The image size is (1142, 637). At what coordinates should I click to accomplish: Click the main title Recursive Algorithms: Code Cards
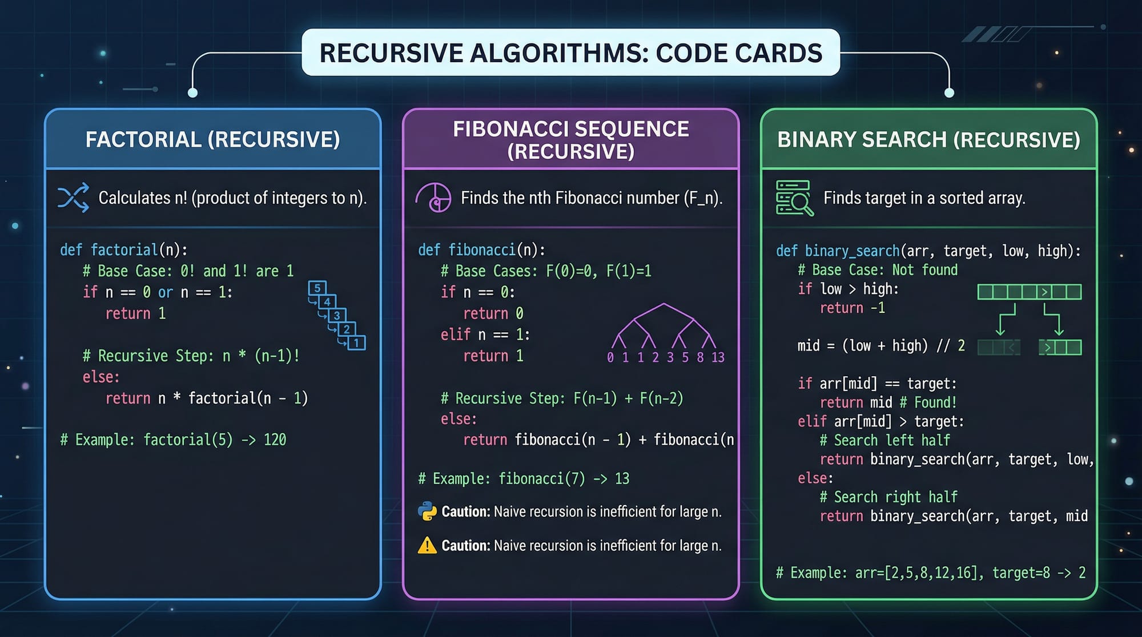coord(570,53)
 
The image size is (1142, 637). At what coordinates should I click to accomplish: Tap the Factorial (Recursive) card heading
coord(212,140)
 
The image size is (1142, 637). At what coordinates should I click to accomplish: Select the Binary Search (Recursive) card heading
coord(928,140)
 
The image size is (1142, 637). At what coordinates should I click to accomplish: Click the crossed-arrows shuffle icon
coord(74,197)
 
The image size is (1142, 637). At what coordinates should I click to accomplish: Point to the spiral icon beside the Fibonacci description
coord(433,197)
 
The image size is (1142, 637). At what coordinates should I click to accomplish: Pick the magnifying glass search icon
coord(794,198)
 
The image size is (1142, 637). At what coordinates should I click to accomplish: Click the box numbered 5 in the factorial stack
coord(317,288)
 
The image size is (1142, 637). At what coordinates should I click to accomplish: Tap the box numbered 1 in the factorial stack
coord(356,343)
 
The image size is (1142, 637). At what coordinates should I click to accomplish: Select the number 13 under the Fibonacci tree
coord(718,357)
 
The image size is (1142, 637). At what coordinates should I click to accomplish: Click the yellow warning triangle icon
coord(427,546)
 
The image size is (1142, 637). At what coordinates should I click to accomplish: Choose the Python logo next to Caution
coord(427,511)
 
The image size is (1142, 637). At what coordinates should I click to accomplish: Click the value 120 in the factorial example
coord(275,440)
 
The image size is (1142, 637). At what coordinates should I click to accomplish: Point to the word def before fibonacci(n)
coord(429,250)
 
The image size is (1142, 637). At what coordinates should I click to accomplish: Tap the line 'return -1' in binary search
coord(853,308)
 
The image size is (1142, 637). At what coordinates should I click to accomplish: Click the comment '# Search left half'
coord(885,440)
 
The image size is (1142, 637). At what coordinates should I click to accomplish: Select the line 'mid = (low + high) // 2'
coord(881,346)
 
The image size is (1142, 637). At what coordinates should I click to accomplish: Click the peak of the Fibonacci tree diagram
coord(664,304)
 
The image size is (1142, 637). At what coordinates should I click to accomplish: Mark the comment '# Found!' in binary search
coord(928,402)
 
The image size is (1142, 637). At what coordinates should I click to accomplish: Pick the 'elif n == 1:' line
coord(485,334)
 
